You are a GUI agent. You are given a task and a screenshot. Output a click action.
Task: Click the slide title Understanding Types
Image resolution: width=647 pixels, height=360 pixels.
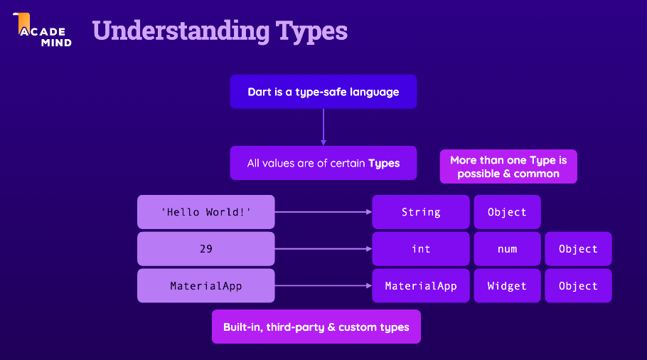click(220, 31)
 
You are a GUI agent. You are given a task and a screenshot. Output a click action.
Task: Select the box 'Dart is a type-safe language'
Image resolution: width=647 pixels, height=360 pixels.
click(323, 92)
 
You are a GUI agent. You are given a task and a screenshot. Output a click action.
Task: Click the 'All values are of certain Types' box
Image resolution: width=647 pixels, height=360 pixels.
click(323, 163)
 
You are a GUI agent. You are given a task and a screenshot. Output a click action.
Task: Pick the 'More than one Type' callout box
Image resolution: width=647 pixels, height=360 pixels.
click(508, 166)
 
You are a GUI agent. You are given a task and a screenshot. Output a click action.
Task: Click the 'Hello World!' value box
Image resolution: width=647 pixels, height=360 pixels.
click(205, 212)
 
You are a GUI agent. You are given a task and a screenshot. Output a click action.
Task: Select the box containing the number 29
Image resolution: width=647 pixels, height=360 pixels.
click(205, 249)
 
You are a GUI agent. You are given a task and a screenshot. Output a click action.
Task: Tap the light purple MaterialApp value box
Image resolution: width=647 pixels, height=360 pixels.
click(205, 286)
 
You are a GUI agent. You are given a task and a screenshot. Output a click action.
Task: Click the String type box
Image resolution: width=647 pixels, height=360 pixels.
click(421, 212)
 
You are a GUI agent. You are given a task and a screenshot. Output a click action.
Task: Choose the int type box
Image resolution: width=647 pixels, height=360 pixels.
click(421, 249)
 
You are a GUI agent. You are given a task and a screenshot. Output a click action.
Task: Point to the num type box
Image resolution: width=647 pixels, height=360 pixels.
click(507, 249)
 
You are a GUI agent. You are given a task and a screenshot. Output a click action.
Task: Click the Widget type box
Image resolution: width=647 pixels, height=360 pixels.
click(507, 286)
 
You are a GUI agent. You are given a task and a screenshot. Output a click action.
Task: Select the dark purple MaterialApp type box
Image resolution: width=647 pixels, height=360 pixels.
click(421, 286)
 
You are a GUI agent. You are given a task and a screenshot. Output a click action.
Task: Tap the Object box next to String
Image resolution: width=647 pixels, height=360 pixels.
click(507, 212)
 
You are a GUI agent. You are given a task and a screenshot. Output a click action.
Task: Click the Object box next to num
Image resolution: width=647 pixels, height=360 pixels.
click(578, 249)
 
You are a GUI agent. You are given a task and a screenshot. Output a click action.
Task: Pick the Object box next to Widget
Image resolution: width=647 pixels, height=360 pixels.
click(578, 286)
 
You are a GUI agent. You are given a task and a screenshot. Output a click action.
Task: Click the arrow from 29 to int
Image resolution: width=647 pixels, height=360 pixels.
click(323, 249)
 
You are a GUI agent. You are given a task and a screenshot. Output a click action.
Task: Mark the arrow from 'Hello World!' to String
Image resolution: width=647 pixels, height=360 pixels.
click(323, 212)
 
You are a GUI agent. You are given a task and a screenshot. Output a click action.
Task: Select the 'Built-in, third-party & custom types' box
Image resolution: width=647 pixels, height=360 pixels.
click(316, 327)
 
